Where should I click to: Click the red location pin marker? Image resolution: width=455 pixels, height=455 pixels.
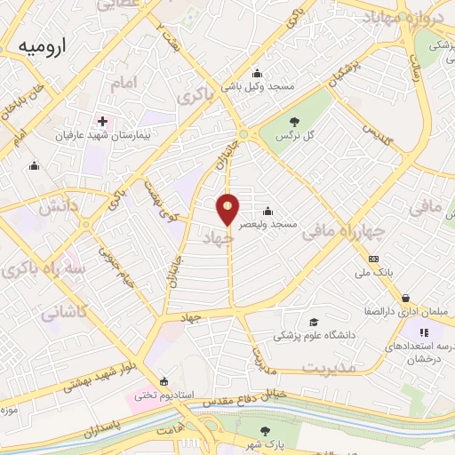pyautogui.click(x=229, y=208)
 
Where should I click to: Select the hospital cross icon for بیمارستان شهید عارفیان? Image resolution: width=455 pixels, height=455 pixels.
pyautogui.click(x=103, y=121)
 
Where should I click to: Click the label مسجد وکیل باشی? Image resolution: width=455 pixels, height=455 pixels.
pyautogui.click(x=256, y=87)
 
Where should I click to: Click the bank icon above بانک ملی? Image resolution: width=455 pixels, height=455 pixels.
pyautogui.click(x=372, y=259)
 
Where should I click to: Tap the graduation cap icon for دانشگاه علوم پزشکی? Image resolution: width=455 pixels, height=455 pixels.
pyautogui.click(x=313, y=322)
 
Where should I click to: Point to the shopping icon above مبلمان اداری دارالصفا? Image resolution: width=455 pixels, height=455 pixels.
pyautogui.click(x=405, y=298)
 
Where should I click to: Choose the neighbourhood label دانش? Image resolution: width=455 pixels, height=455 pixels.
pyautogui.click(x=47, y=206)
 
